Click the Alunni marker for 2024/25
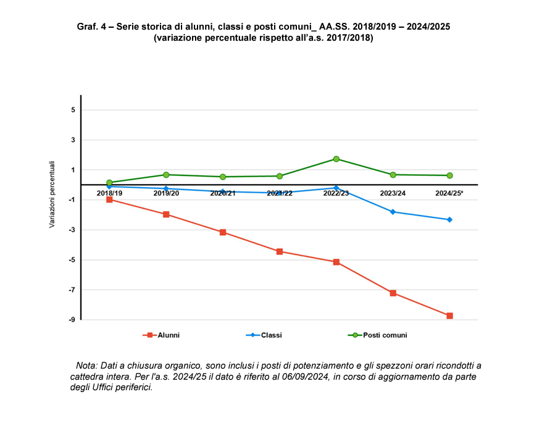coord(449,316)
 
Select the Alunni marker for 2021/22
coord(280,251)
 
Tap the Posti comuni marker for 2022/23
coord(336,159)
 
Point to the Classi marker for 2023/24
coord(393,212)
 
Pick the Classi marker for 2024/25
coord(449,220)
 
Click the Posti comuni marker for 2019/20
coord(166,175)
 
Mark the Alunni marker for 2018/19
coord(109,199)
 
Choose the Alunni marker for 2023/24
coord(393,293)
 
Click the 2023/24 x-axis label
coord(393,193)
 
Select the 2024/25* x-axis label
coord(449,193)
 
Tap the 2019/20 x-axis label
coord(166,193)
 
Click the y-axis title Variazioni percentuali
coord(52,195)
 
